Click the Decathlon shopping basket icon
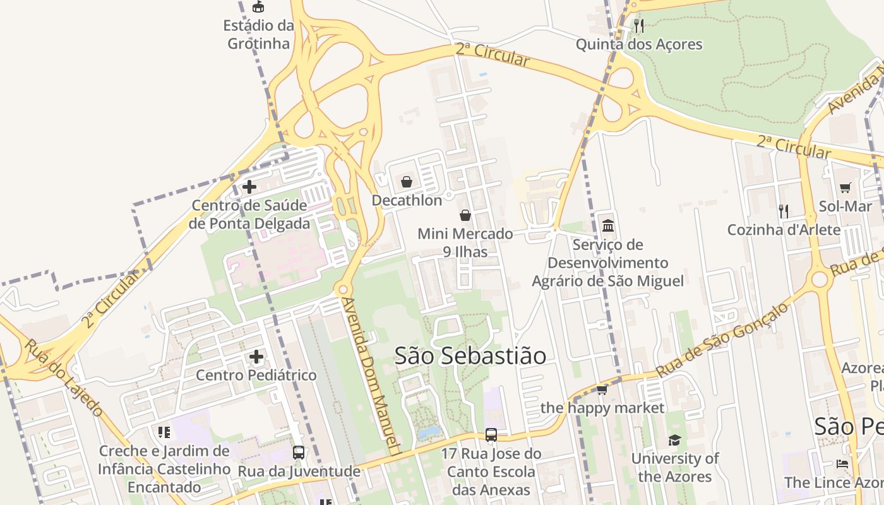(x=407, y=182)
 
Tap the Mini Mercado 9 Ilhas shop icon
(x=465, y=215)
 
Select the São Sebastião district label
(x=470, y=355)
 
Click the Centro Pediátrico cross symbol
(x=256, y=357)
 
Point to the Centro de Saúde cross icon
(x=249, y=187)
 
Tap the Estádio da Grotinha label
(x=259, y=35)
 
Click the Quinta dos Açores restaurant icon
(x=639, y=26)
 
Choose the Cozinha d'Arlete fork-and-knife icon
(x=784, y=211)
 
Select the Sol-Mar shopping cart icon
(x=845, y=187)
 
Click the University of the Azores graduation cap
(x=675, y=440)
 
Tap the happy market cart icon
(x=602, y=389)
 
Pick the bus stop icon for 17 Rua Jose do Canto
(x=491, y=434)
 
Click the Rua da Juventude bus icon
(x=299, y=452)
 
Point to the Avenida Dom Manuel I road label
(x=372, y=376)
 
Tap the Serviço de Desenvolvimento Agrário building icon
(x=608, y=225)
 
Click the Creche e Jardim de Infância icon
(x=164, y=432)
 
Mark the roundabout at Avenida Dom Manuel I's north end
(x=343, y=290)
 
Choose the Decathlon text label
(x=407, y=201)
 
